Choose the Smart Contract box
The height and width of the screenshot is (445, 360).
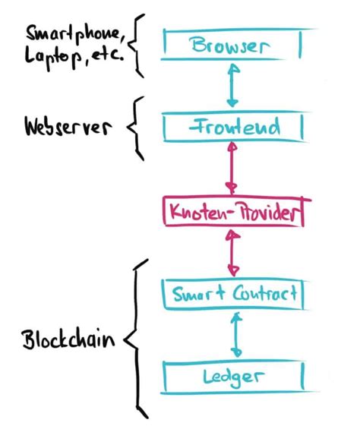click(236, 293)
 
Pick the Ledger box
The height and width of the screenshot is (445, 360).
click(236, 375)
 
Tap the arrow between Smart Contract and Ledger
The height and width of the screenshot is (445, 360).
click(236, 334)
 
